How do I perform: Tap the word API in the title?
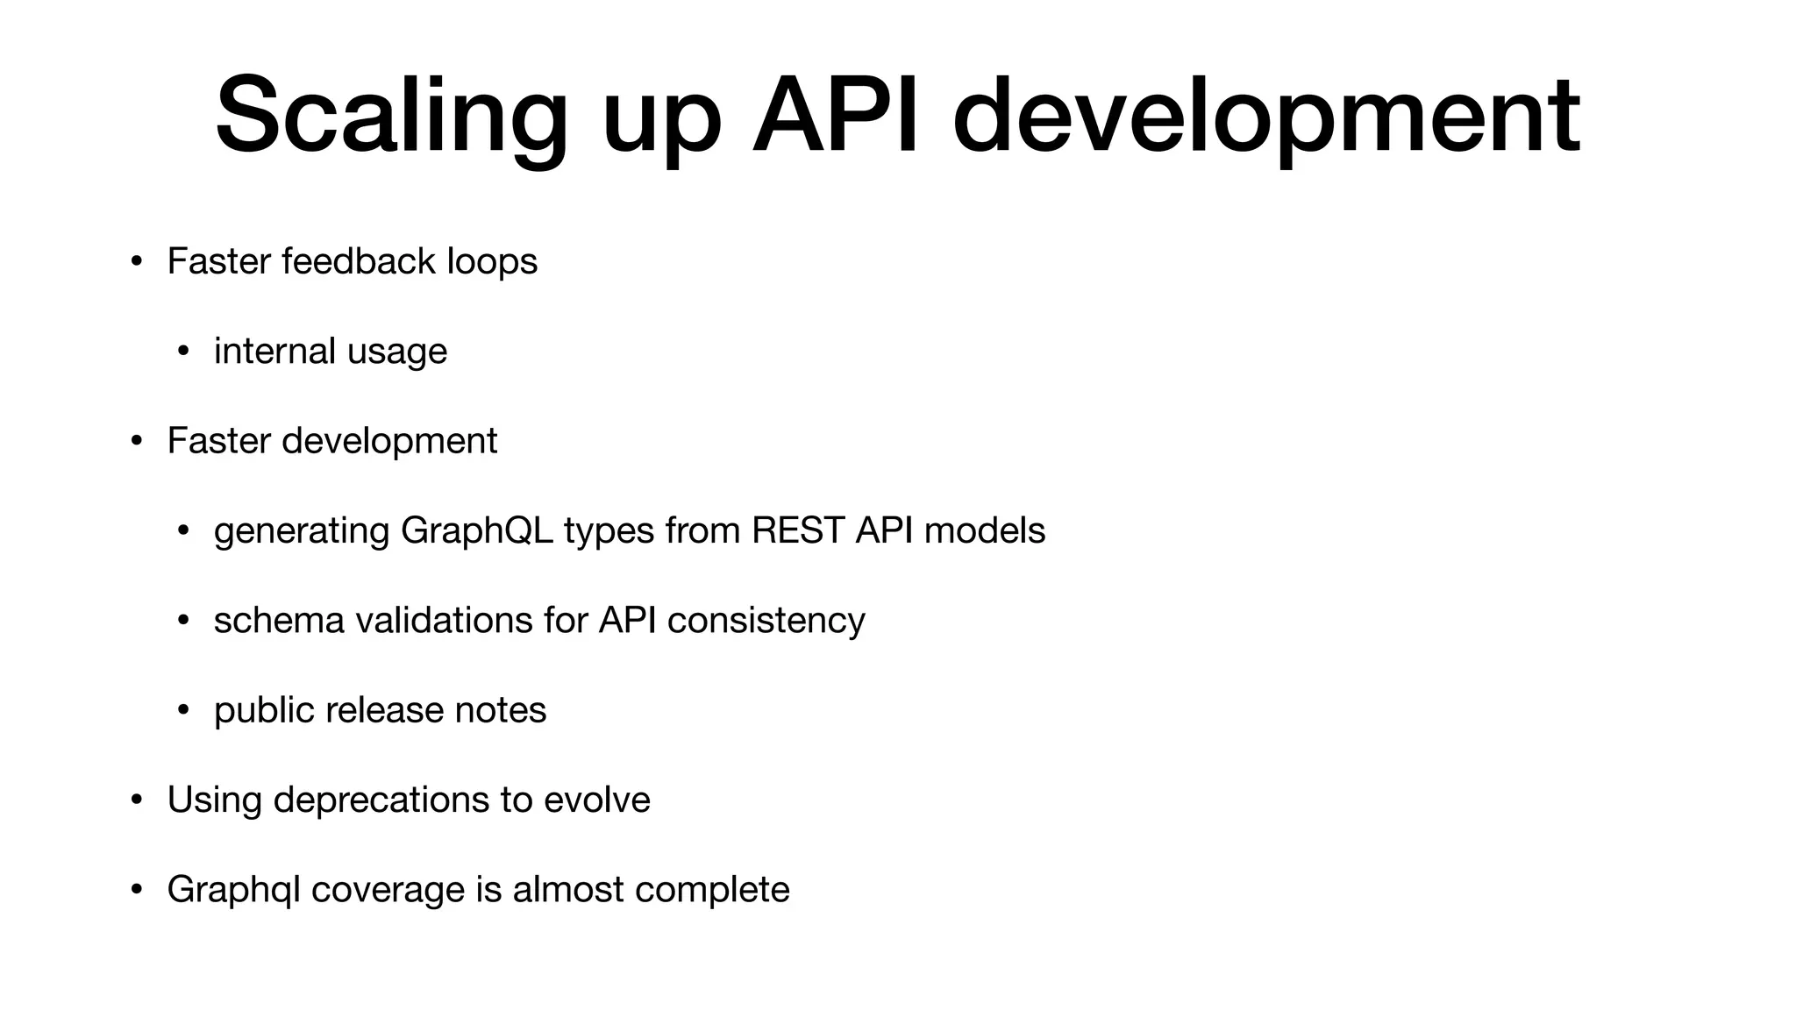(835, 116)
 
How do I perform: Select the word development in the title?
(1265, 116)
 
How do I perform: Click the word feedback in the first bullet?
(359, 261)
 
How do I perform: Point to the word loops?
(492, 261)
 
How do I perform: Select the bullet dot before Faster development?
(136, 441)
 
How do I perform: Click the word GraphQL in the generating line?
(476, 530)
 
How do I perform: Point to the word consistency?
(766, 621)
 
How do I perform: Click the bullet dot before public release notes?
(182, 710)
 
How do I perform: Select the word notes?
(500, 710)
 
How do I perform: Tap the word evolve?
(596, 800)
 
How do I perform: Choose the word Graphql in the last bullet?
(233, 890)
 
